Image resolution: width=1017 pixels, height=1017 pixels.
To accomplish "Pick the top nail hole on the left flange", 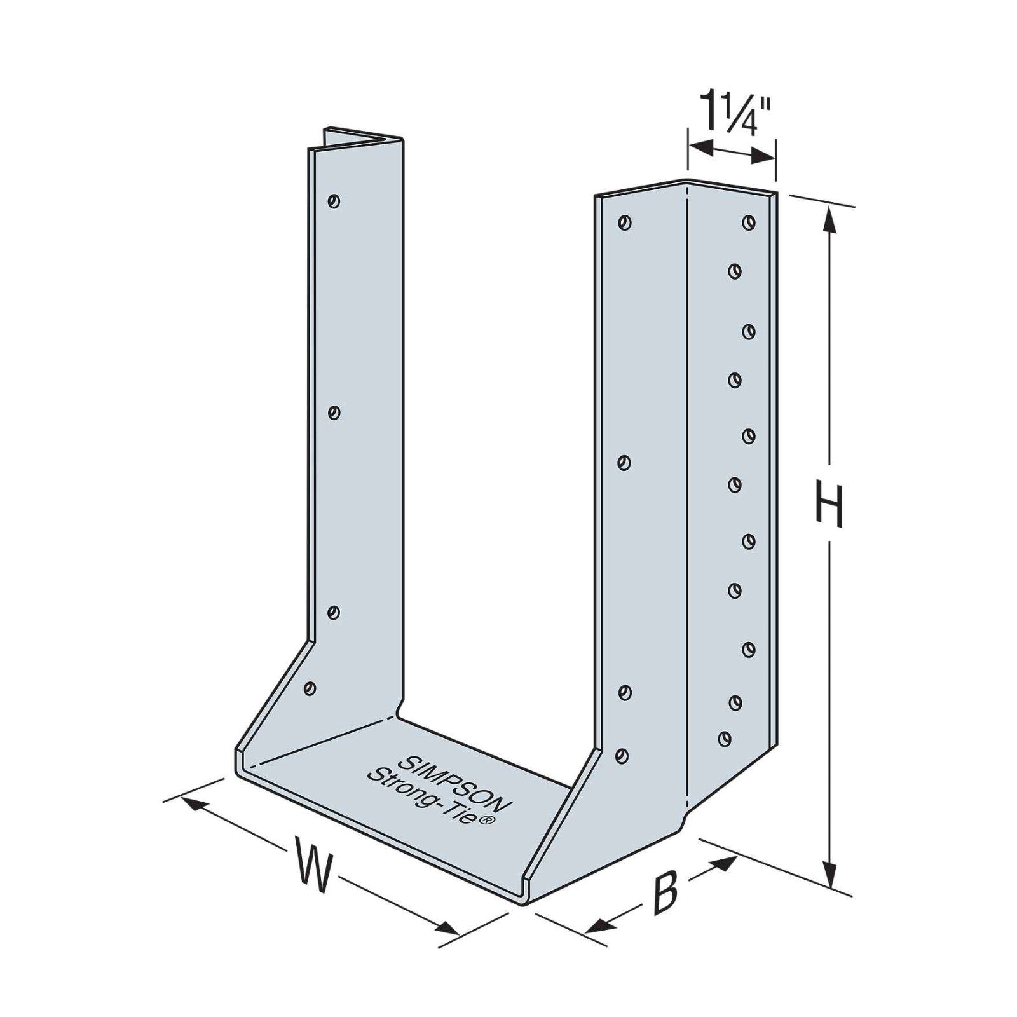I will click(x=333, y=201).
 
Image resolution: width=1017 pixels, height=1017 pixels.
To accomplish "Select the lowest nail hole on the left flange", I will click(x=310, y=688).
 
